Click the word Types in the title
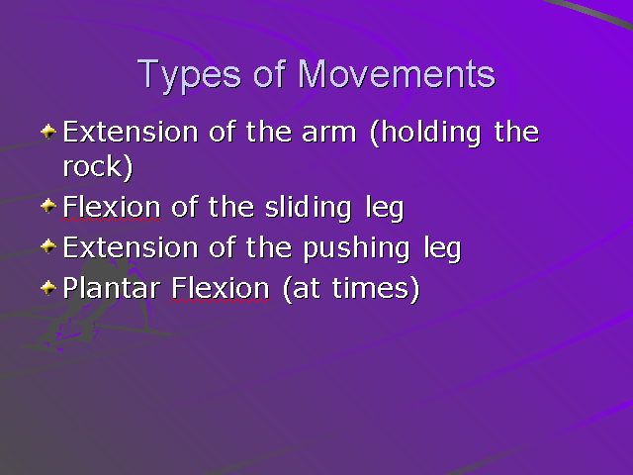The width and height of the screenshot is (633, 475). (x=186, y=74)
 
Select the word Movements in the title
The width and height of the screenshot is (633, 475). (x=397, y=74)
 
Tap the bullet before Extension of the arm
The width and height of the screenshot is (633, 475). (x=48, y=131)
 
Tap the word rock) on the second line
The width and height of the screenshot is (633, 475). (x=97, y=167)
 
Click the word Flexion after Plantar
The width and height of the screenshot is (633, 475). (x=220, y=289)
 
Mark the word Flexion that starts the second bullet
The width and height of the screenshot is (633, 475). (x=111, y=209)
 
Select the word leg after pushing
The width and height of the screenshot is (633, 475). (x=440, y=248)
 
